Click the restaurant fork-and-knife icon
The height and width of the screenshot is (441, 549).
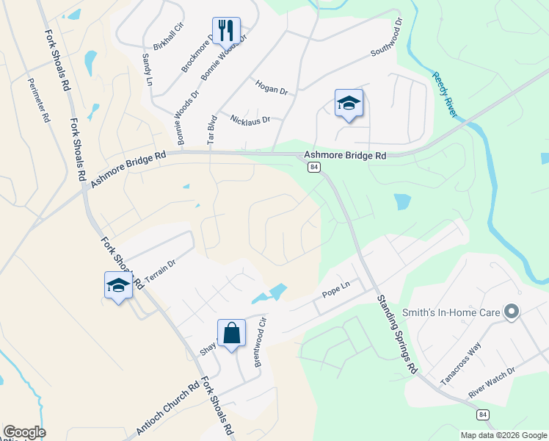[226, 31]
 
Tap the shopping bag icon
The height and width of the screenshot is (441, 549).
[231, 334]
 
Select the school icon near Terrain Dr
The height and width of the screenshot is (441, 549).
[117, 285]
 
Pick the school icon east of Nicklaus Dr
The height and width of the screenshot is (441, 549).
[349, 104]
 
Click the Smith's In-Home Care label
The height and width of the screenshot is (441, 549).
[453, 312]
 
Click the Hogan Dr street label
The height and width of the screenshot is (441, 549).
[271, 87]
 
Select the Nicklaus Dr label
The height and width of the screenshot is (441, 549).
[250, 119]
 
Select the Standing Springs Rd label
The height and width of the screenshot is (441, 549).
[397, 334]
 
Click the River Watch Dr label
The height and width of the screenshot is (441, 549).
[491, 387]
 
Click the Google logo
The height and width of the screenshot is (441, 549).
[24, 432]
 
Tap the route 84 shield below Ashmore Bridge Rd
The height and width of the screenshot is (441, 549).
[314, 168]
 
